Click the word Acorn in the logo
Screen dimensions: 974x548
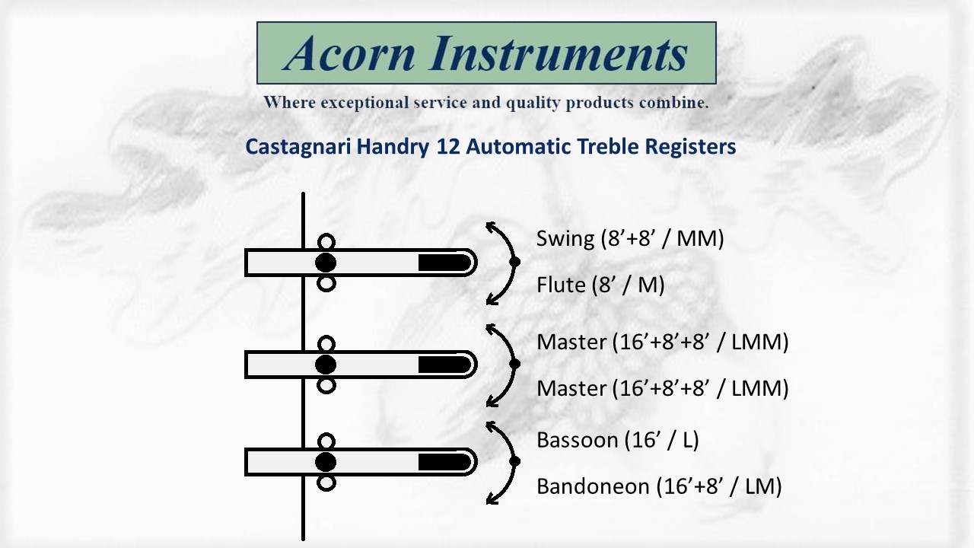tap(349, 53)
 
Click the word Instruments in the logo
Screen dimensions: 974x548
tap(559, 53)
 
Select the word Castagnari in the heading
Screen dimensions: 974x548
tap(298, 146)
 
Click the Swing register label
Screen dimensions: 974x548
tap(629, 238)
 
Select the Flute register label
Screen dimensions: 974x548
tap(600, 285)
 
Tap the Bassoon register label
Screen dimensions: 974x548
tap(617, 440)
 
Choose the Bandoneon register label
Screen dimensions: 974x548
tap(659, 486)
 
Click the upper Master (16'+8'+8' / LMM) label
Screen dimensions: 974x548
tap(662, 342)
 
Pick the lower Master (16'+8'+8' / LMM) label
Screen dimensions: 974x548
tap(662, 388)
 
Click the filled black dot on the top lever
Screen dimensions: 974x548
tap(326, 263)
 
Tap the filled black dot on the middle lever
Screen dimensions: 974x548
tap(326, 365)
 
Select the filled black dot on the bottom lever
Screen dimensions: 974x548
tap(326, 462)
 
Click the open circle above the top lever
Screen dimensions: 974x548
tap(326, 241)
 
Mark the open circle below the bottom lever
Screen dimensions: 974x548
tap(326, 483)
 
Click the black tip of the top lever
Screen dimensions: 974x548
tap(445, 263)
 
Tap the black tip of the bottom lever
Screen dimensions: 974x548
tap(445, 462)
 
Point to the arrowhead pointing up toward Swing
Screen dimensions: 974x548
tap(492, 227)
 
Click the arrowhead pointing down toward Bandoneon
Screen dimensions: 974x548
tap(492, 499)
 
